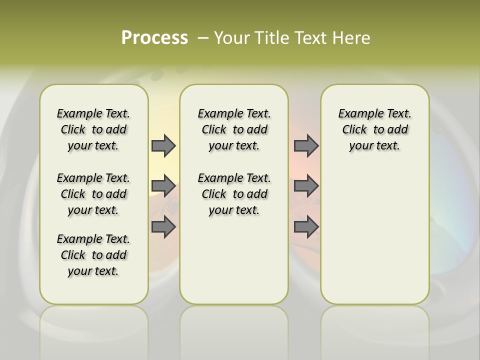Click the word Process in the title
click(154, 38)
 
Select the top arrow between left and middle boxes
click(163, 145)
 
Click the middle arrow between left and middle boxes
click(163, 186)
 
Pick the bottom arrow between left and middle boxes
click(163, 227)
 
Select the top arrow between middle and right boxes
click(306, 145)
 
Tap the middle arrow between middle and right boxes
click(306, 186)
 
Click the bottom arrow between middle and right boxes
click(306, 227)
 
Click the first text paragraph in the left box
click(93, 129)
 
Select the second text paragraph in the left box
click(93, 194)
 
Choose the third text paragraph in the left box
click(93, 255)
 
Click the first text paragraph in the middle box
click(234, 129)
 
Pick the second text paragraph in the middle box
click(234, 194)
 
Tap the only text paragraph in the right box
click(374, 129)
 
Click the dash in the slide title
click(203, 38)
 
